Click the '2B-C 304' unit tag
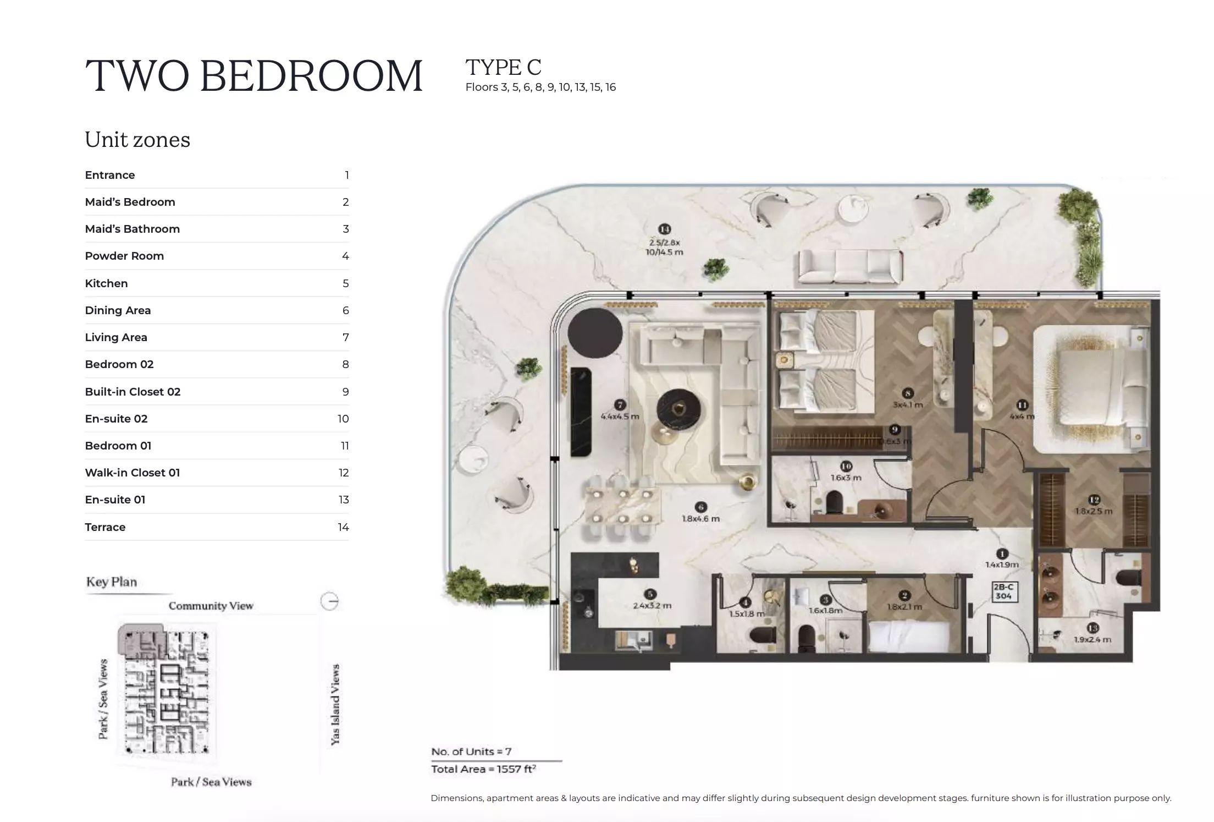click(1003, 591)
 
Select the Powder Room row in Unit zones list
click(217, 256)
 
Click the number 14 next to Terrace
click(343, 527)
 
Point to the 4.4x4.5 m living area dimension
click(620, 417)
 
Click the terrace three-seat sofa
click(850, 267)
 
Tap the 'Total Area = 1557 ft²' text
click(483, 769)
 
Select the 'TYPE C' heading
click(503, 67)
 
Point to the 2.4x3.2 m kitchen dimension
click(652, 605)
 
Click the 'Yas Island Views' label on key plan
click(335, 704)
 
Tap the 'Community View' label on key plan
click(211, 606)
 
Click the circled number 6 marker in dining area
click(700, 507)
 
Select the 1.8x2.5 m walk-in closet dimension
click(1094, 511)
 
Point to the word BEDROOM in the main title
click(312, 75)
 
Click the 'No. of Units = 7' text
click(471, 751)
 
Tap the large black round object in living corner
click(595, 332)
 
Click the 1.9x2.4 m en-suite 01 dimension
click(1092, 639)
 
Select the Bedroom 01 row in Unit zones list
click(217, 446)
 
